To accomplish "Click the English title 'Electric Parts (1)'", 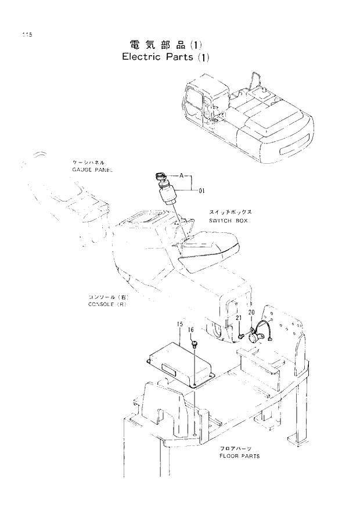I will click(x=165, y=57).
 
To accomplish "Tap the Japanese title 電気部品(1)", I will click(x=165, y=45).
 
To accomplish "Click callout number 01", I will click(x=202, y=190).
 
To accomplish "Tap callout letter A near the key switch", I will click(x=182, y=174).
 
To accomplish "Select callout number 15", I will click(x=181, y=323).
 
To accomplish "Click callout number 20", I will click(x=251, y=312).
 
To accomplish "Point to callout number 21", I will click(x=239, y=317).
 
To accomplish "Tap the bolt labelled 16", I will click(x=195, y=346).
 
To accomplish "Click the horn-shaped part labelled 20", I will click(x=255, y=335).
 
